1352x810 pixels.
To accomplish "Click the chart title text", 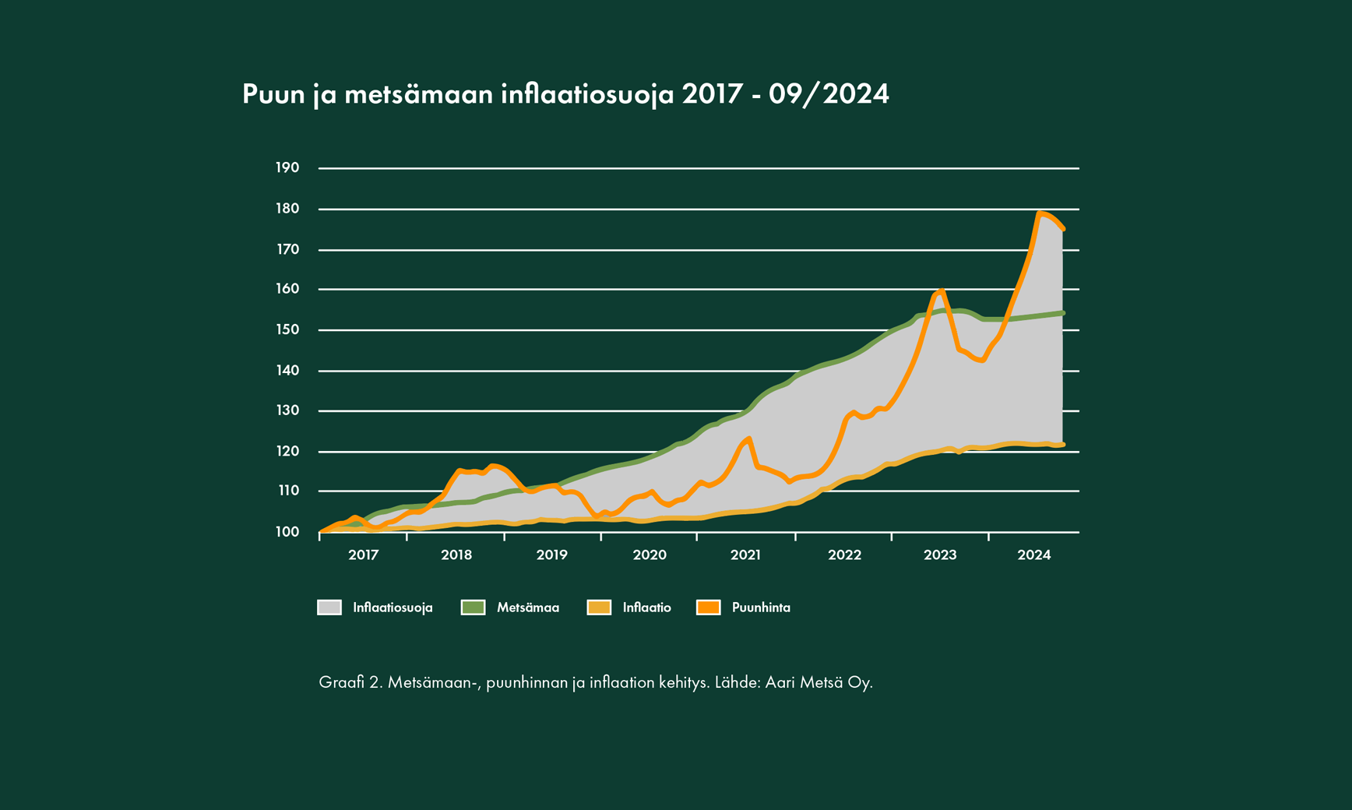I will [565, 94].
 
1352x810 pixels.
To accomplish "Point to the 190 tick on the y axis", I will [287, 167].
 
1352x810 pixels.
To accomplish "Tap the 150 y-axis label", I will [287, 329].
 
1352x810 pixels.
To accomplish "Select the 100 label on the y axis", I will [287, 532].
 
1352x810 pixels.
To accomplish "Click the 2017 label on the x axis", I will [363, 555].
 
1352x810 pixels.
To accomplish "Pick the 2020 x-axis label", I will [650, 555].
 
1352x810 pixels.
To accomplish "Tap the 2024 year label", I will [1034, 555].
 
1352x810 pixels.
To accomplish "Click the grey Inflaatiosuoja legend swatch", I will [329, 607].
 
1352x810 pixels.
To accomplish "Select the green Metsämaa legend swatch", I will [473, 607].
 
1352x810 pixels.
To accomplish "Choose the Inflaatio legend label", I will [646, 607].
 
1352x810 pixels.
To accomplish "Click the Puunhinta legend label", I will [761, 607].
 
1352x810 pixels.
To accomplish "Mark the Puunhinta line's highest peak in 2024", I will [1040, 213].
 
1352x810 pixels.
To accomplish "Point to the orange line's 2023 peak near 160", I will [941, 291].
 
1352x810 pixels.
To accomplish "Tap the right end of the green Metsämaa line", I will [1063, 313].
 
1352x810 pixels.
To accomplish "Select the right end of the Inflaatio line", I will [1063, 445].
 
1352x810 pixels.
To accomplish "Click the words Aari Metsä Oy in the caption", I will [819, 682].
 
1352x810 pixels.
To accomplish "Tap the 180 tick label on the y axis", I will [287, 209].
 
